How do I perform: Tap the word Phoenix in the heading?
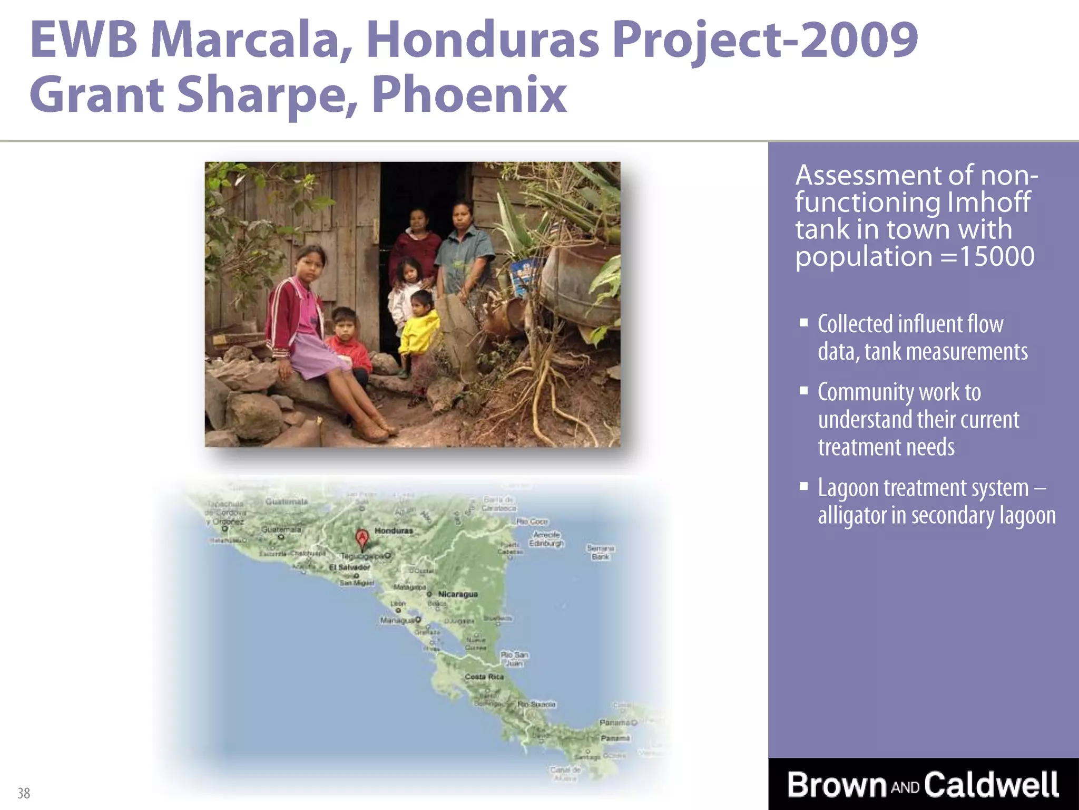469,95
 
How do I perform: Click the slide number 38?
24,793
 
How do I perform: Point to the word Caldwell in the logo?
991,785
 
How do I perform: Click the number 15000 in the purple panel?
996,257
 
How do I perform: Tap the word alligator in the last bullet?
851,515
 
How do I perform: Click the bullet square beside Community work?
803,391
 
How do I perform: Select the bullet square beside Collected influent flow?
803,323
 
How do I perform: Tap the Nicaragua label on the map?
457,594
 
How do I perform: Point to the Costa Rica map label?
484,677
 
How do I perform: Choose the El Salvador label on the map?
349,567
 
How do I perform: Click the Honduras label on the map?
394,531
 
